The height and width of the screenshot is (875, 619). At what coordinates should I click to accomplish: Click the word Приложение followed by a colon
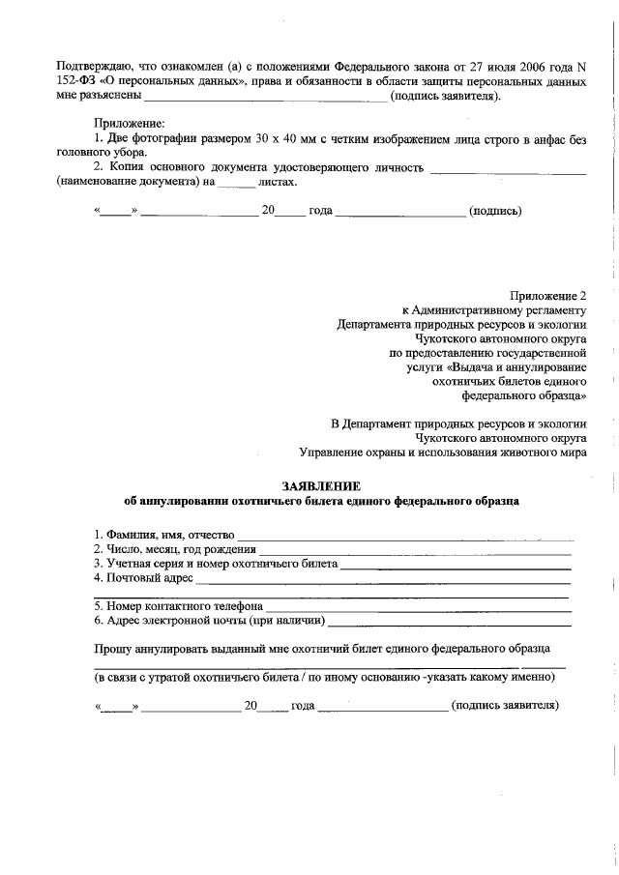click(129, 123)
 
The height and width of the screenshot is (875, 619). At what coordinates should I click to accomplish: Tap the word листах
click(278, 182)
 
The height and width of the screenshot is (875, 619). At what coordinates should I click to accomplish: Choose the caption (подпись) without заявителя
click(495, 210)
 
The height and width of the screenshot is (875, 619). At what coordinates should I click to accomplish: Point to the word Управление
click(336, 452)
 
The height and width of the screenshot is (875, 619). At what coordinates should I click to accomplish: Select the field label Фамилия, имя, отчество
click(164, 535)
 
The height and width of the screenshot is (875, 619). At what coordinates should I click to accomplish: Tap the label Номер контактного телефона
click(179, 606)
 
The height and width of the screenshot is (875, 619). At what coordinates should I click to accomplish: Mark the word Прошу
click(112, 647)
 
